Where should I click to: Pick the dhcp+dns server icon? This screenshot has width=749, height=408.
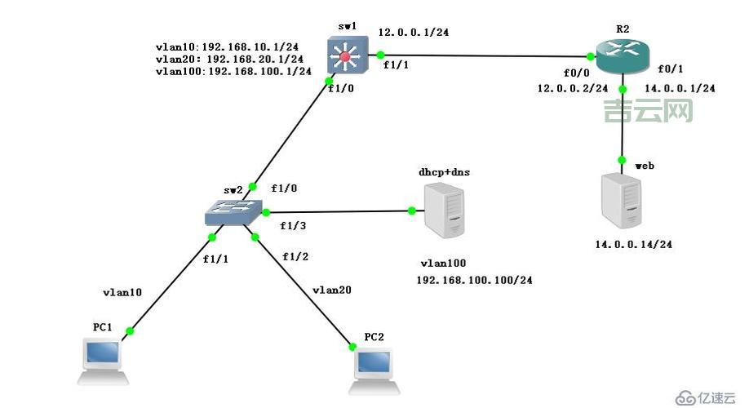[x=444, y=211]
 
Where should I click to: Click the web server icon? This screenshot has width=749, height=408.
[x=622, y=200]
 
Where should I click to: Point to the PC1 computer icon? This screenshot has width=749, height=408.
[x=102, y=361]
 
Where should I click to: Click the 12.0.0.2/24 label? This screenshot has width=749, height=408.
[x=572, y=88]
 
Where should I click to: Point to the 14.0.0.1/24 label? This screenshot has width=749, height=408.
[x=680, y=88]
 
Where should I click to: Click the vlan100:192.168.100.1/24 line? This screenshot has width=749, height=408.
[x=233, y=72]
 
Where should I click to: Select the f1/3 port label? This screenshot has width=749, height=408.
[x=294, y=226]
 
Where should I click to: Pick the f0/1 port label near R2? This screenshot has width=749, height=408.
[x=671, y=70]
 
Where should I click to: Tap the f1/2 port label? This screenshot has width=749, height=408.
[x=295, y=256]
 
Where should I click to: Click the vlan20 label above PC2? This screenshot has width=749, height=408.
[x=332, y=290]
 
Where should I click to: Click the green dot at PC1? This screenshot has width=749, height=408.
[x=129, y=331]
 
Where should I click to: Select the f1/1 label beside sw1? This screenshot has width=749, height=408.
[x=397, y=65]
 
